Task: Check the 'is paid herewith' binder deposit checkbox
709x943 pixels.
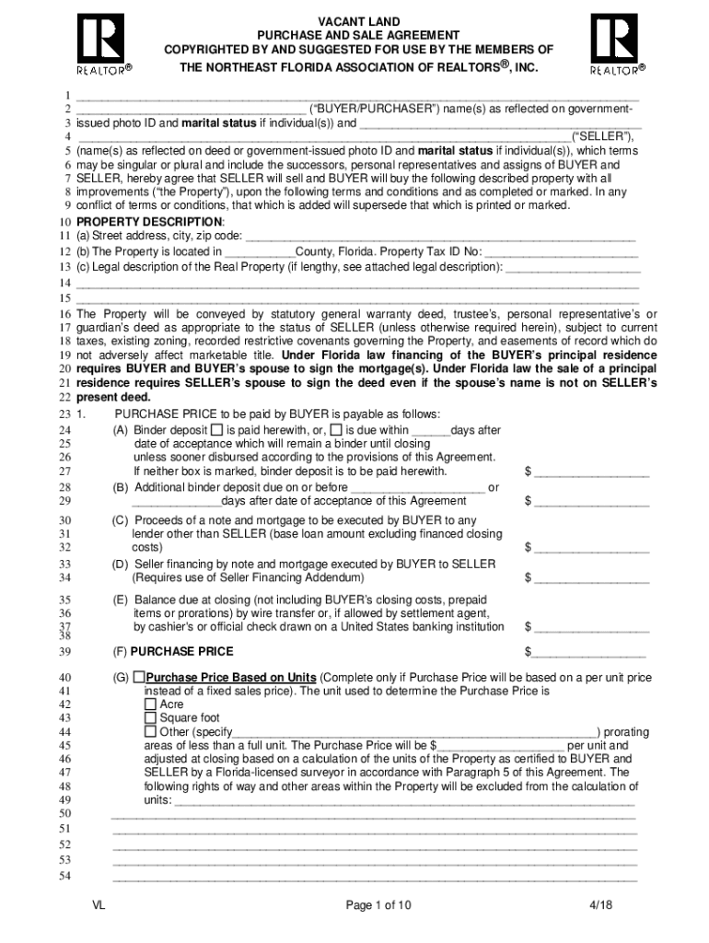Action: point(216,430)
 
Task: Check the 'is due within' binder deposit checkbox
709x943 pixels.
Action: point(336,430)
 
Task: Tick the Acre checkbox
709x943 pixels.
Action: point(151,704)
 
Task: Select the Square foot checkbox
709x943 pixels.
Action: point(151,718)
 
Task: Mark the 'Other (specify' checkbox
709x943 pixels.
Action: point(151,732)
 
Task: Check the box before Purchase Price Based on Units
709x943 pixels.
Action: point(139,677)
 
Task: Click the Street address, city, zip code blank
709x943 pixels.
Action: point(442,239)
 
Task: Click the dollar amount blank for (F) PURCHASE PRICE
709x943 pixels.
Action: point(589,652)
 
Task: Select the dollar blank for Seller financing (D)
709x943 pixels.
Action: point(591,579)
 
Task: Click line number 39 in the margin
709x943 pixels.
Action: point(65,652)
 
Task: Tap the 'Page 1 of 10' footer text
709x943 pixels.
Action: point(378,905)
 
